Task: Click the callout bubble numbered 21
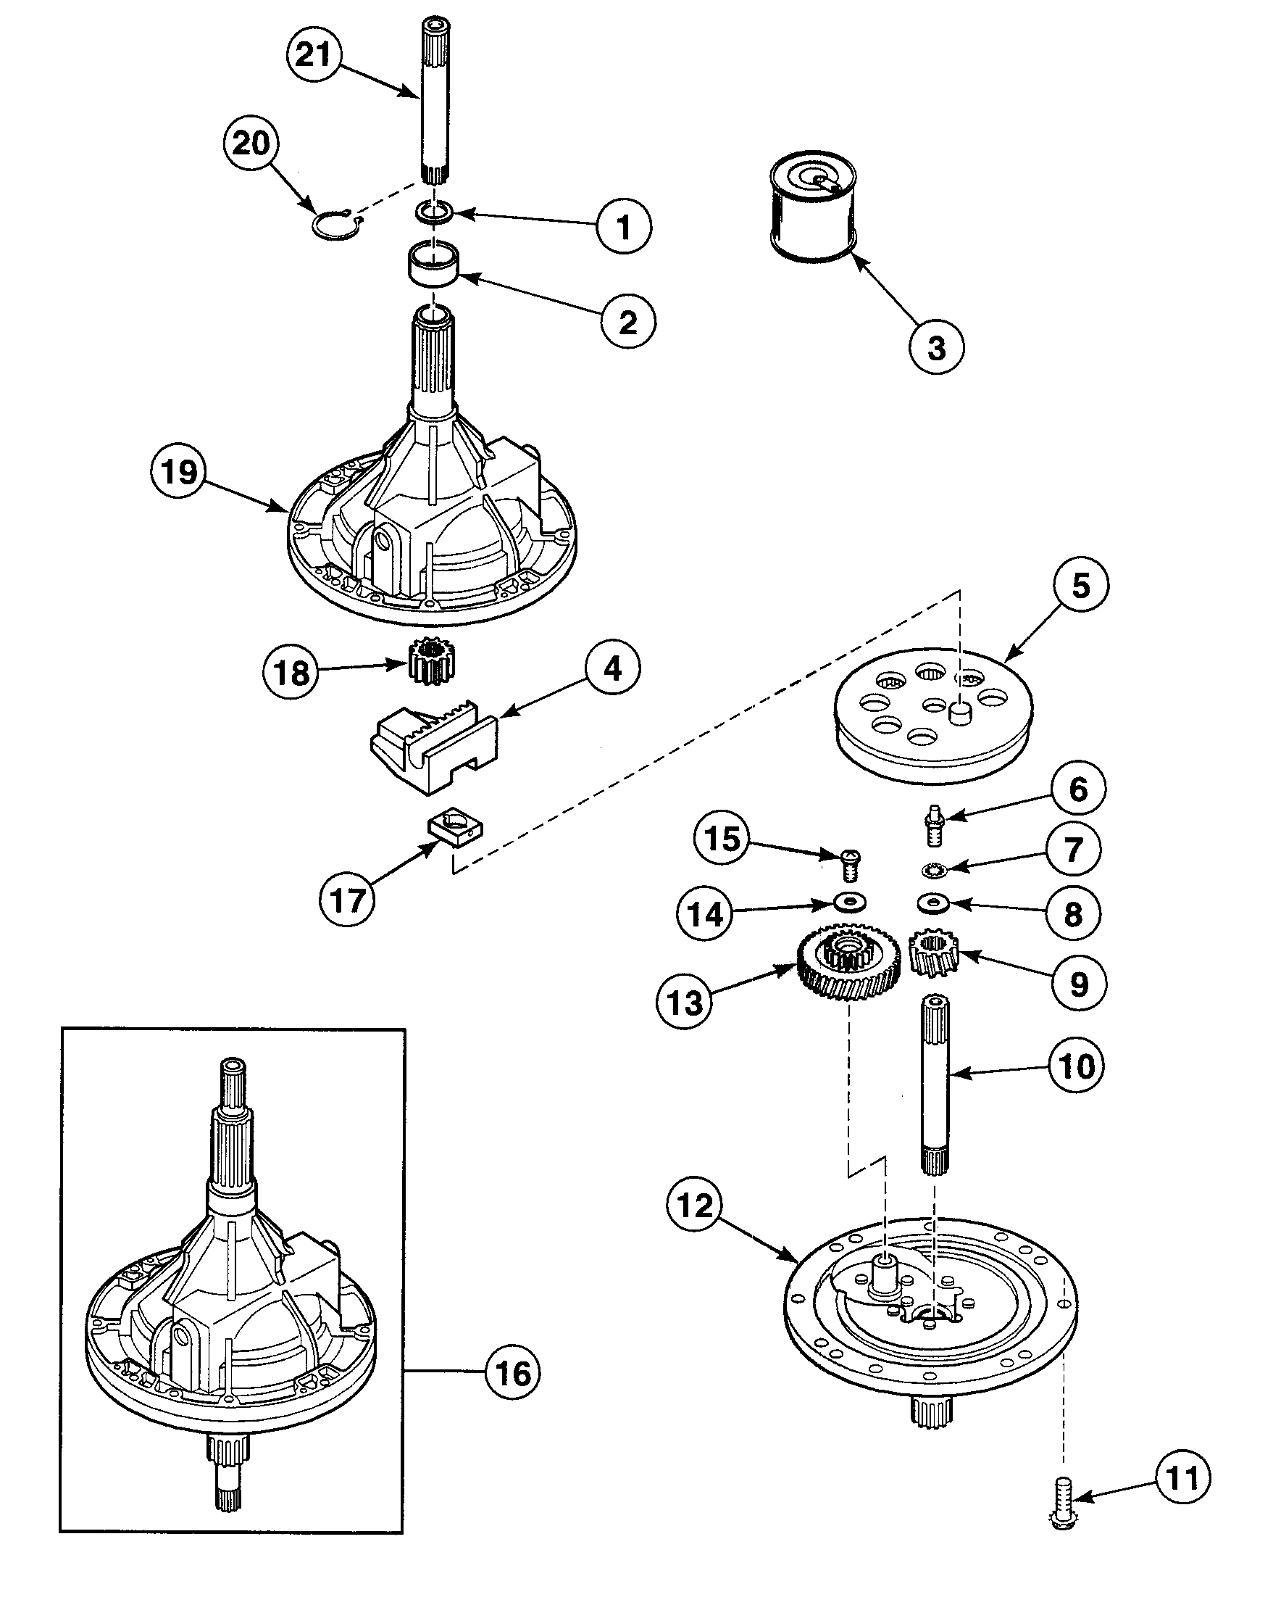pyautogui.click(x=313, y=54)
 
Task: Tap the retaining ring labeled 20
pyautogui.click(x=335, y=226)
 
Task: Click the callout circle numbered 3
pyautogui.click(x=936, y=348)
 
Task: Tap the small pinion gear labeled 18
pyautogui.click(x=430, y=662)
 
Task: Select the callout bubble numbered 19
pyautogui.click(x=178, y=472)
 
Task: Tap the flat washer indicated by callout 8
pyautogui.click(x=932, y=903)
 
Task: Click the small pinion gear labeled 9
pyautogui.click(x=935, y=958)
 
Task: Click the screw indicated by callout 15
pyautogui.click(x=849, y=866)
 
